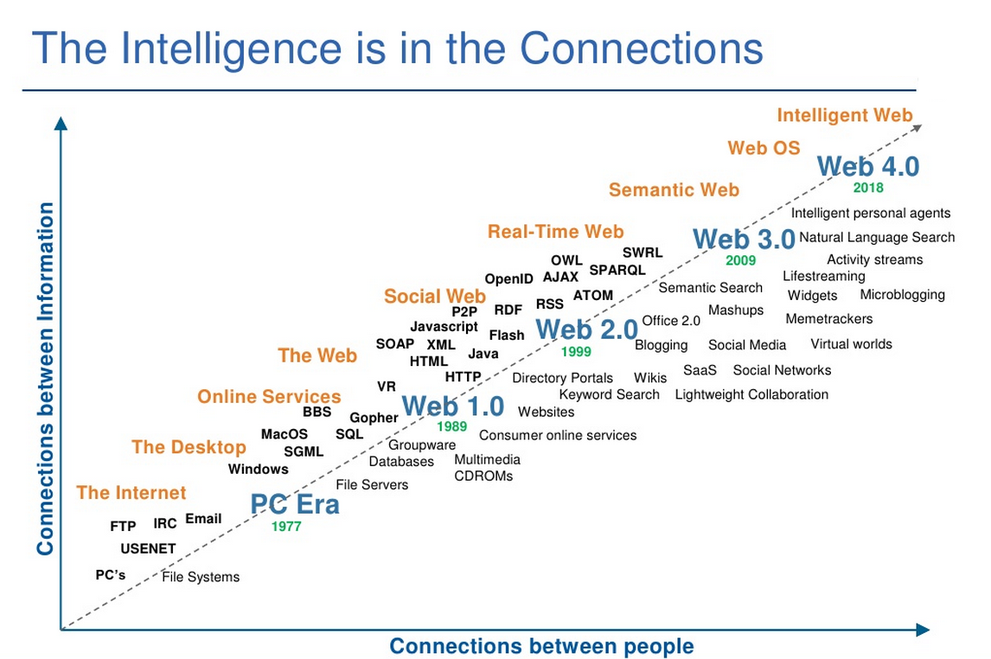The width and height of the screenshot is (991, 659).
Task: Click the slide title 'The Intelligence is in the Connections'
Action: point(398,48)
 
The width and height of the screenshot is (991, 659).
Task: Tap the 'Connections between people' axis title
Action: point(541,646)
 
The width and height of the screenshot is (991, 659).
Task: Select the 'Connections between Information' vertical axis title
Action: point(45,379)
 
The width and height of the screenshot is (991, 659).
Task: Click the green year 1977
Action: point(286,527)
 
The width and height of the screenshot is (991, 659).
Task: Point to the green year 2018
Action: point(868,188)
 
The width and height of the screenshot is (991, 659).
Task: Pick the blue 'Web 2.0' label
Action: point(587,329)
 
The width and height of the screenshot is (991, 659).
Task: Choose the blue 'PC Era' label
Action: point(295,504)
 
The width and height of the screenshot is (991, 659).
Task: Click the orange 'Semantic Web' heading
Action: point(674,189)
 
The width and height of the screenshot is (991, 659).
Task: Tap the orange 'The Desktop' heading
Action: point(189,447)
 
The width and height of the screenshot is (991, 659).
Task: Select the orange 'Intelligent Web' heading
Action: point(845,115)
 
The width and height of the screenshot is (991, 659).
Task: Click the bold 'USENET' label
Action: point(148,548)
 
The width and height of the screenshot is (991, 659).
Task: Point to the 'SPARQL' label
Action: point(617,270)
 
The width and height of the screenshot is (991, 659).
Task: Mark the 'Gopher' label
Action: point(374,418)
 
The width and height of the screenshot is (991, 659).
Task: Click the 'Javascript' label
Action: point(444,327)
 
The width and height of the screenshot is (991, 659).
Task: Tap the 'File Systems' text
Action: point(201,577)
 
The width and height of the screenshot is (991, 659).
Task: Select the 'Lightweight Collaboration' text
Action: point(751,395)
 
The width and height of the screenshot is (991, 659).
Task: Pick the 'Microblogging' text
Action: point(903,294)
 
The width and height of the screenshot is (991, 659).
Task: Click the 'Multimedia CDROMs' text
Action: point(487,468)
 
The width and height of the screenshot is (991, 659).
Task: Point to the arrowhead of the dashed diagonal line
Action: point(917,128)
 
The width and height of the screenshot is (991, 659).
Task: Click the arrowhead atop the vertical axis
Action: point(61,123)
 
